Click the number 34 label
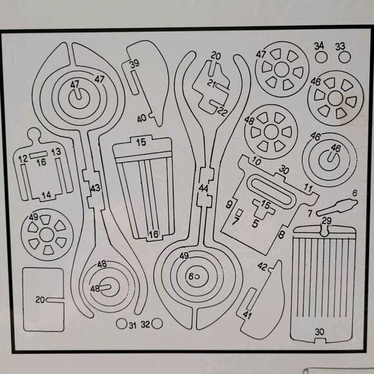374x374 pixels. pyautogui.click(x=319, y=46)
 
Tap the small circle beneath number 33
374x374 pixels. pyautogui.click(x=344, y=57)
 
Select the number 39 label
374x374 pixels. pyautogui.click(x=135, y=64)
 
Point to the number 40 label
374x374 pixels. pyautogui.click(x=142, y=118)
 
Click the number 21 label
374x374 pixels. pyautogui.click(x=212, y=83)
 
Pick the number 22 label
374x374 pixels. pyautogui.click(x=222, y=112)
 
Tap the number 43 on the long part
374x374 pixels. pyautogui.click(x=95, y=188)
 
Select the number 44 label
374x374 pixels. pyautogui.click(x=203, y=189)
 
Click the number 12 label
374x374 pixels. pyautogui.click(x=23, y=159)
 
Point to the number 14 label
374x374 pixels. pyautogui.click(x=46, y=195)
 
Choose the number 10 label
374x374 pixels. pyautogui.click(x=256, y=161)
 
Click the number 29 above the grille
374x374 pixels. pyautogui.click(x=326, y=221)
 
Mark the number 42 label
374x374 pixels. pyautogui.click(x=262, y=266)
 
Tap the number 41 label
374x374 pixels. pyautogui.click(x=247, y=315)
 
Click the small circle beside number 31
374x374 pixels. pyautogui.click(x=121, y=324)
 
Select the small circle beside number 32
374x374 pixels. pyautogui.click(x=157, y=324)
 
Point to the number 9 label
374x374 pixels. pyautogui.click(x=229, y=204)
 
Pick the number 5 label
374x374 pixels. pyautogui.click(x=255, y=224)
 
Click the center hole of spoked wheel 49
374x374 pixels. pyautogui.click(x=46, y=235)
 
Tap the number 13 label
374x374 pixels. pyautogui.click(x=56, y=152)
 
